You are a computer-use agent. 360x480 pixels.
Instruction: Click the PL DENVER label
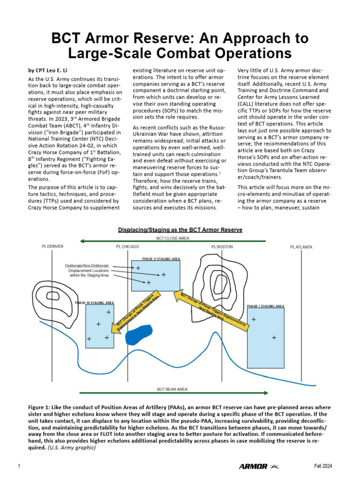click(52, 247)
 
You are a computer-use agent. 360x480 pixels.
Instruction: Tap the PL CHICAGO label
click(127, 247)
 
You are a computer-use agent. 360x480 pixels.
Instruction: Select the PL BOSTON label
click(222, 247)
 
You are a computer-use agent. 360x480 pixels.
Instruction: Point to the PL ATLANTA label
click(301, 247)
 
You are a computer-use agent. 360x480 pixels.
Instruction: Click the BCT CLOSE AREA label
click(173, 238)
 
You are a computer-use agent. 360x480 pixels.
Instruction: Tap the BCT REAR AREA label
click(172, 389)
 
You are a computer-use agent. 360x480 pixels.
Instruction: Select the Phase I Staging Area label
click(265, 306)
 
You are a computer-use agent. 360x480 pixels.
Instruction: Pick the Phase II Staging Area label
click(161, 258)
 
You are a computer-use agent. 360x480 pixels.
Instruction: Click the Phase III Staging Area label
click(94, 303)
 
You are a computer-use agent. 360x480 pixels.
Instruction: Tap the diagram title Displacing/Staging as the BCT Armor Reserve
click(180, 230)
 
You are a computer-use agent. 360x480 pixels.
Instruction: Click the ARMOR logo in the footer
click(253, 466)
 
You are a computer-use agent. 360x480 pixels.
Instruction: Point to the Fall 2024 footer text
click(323, 466)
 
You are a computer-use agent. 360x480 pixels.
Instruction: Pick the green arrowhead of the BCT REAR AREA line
click(265, 393)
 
